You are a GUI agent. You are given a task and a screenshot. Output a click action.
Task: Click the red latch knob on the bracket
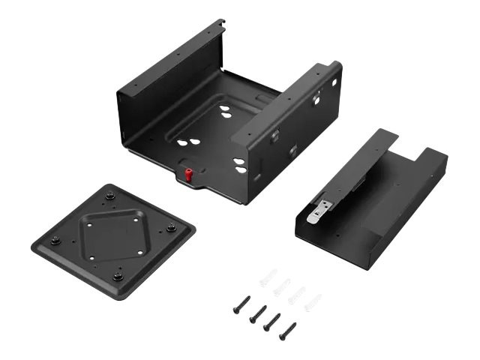pyautogui.click(x=189, y=175)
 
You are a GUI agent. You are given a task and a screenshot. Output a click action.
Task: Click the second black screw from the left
pyautogui.click(x=258, y=313)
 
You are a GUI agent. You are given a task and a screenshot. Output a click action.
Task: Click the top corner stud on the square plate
pyautogui.click(x=110, y=196)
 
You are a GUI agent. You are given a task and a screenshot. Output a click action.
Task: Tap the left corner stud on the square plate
pyautogui.click(x=55, y=241)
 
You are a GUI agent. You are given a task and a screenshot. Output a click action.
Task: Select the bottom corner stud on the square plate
pyautogui.click(x=118, y=275)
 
